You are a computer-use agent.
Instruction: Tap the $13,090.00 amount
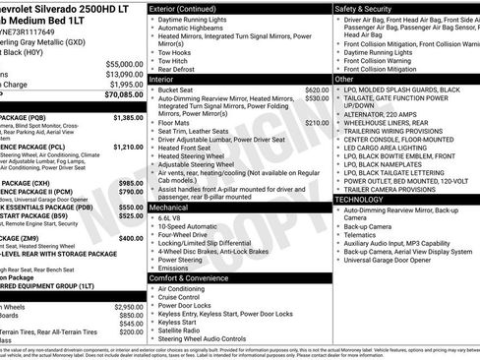[x=122, y=74]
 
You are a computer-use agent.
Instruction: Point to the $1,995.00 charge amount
[x=124, y=85]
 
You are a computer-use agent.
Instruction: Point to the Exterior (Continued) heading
[x=190, y=8]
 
